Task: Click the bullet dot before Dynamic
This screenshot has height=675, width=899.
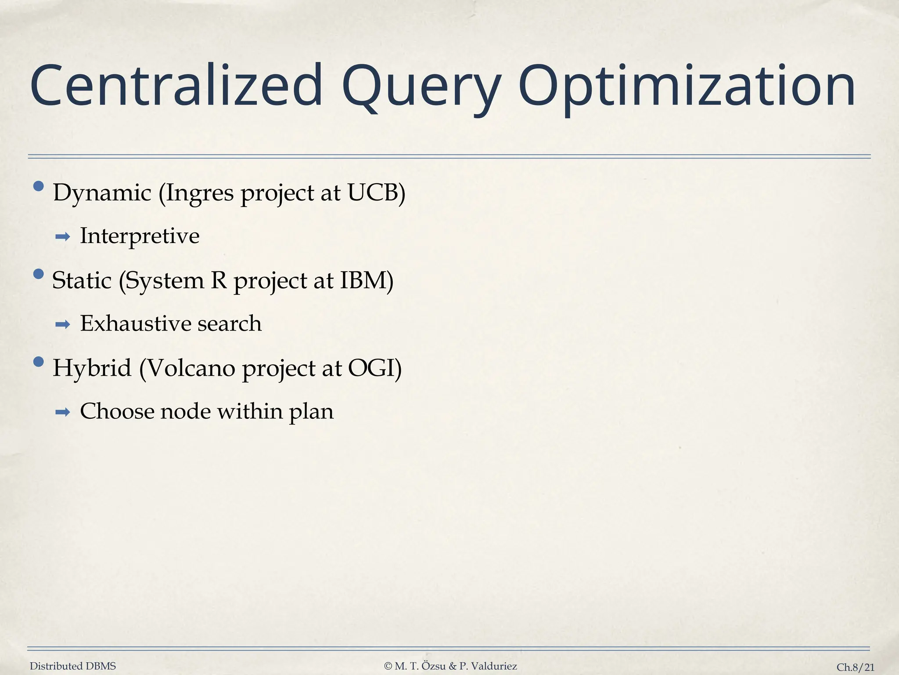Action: pyautogui.click(x=39, y=187)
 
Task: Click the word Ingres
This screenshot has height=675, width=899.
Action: pyautogui.click(x=200, y=193)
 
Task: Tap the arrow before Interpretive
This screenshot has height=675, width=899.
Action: pyautogui.click(x=63, y=238)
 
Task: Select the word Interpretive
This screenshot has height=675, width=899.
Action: pyautogui.click(x=140, y=236)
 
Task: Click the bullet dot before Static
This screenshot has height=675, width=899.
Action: pyautogui.click(x=39, y=274)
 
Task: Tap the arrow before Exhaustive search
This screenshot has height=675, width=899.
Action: pyautogui.click(x=63, y=325)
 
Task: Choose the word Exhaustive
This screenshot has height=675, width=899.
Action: pyautogui.click(x=135, y=323)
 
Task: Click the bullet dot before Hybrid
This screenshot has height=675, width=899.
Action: pyautogui.click(x=39, y=362)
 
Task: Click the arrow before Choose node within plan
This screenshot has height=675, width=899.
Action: pyautogui.click(x=63, y=413)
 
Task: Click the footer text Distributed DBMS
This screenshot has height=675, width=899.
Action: pyautogui.click(x=73, y=666)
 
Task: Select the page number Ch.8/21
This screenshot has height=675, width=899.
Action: pyautogui.click(x=855, y=667)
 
